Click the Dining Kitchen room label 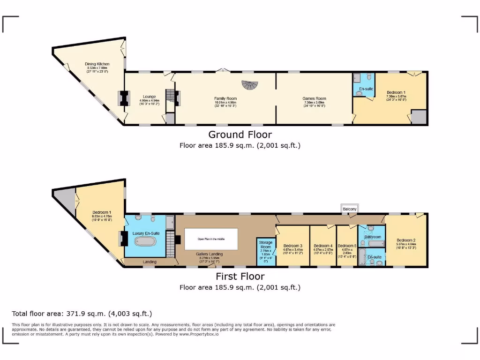click(97, 64)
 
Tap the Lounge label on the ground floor click(149, 97)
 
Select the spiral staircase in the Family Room click(250, 85)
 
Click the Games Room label click(314, 99)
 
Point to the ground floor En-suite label click(366, 89)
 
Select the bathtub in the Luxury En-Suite click(145, 242)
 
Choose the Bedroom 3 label click(292, 246)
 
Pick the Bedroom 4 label click(323, 246)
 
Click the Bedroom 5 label click(347, 246)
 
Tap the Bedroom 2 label click(405, 240)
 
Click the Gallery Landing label click(209, 254)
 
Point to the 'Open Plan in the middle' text click(210, 239)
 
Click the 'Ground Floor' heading click(240, 135)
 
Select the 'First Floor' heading click(240, 277)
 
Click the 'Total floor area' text click(82, 314)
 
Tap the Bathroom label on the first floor click(373, 237)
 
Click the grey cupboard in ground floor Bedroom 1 click(419, 117)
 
